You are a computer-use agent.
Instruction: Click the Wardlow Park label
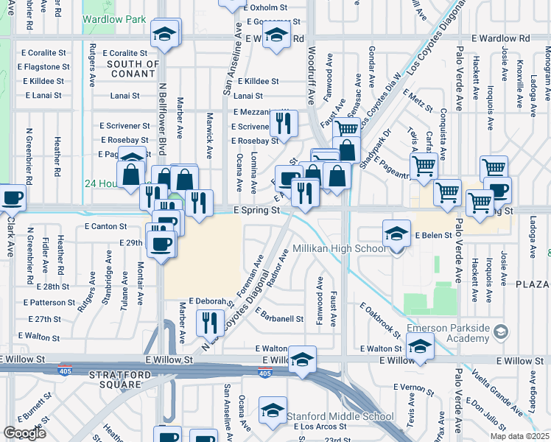point(114,19)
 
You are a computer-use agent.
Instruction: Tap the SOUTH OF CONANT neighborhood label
point(133,69)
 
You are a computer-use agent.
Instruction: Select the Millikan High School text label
point(340,248)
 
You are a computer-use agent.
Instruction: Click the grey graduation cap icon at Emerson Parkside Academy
point(502,332)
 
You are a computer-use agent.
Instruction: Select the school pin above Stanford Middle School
point(273,413)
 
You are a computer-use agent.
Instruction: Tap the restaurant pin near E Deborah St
point(210,322)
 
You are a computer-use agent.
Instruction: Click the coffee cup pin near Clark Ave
point(11,197)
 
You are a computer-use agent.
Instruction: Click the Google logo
point(24,433)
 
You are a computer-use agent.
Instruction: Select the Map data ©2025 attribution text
point(520,436)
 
